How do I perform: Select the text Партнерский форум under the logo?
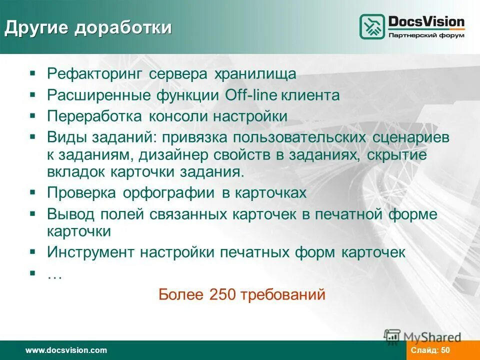pyautogui.click(x=426, y=35)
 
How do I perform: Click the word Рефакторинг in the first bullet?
pyautogui.click(x=94, y=74)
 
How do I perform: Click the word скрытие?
pyautogui.click(x=397, y=155)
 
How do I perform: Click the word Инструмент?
pyautogui.click(x=90, y=252)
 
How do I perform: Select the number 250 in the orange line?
pyautogui.click(x=221, y=294)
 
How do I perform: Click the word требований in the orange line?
pyautogui.click(x=283, y=294)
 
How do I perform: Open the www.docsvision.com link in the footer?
pyautogui.click(x=66, y=350)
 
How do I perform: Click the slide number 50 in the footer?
pyautogui.click(x=445, y=350)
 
